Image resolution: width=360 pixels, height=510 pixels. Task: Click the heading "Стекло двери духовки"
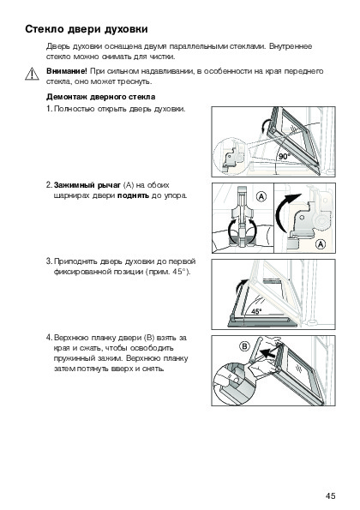[87, 29]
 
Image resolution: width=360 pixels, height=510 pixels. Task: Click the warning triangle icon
[32, 74]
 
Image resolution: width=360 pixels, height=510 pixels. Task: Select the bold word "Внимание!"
[67, 71]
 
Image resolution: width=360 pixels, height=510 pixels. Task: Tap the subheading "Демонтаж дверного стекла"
[101, 97]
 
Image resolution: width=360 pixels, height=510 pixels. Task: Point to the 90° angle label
[284, 157]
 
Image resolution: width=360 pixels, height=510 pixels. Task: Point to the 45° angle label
[256, 312]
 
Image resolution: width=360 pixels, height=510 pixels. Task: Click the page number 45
[330, 495]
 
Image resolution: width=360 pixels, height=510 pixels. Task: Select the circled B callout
[244, 346]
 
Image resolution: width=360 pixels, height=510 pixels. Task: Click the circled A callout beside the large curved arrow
[321, 244]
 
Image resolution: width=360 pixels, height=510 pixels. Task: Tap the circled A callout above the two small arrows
[261, 196]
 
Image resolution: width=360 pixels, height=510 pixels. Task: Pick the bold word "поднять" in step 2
[134, 195]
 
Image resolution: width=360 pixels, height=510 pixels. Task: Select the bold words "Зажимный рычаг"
[87, 185]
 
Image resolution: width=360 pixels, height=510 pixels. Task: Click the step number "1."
[49, 109]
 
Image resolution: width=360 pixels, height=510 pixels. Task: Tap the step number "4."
[49, 338]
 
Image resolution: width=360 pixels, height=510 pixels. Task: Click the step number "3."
[49, 261]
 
